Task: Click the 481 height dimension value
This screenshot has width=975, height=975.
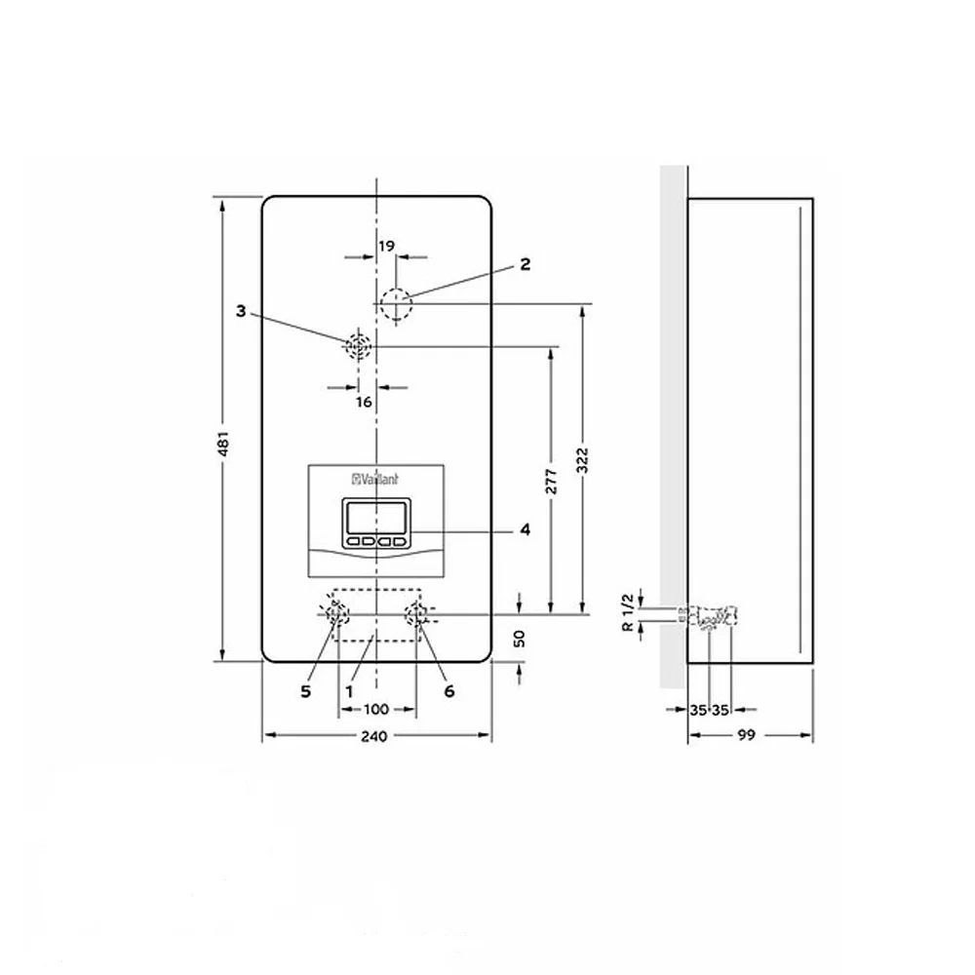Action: click(x=224, y=442)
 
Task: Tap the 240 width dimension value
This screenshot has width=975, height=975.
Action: click(x=373, y=737)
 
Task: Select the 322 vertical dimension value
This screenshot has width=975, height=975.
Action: click(x=583, y=461)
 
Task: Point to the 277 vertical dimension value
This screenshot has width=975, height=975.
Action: click(x=552, y=482)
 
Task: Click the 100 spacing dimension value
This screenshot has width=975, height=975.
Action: click(x=375, y=710)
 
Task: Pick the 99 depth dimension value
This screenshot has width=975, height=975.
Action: click(x=746, y=735)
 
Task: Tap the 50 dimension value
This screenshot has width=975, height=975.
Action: click(x=520, y=639)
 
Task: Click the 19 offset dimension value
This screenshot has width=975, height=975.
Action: click(x=386, y=247)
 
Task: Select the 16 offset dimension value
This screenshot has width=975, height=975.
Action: click(x=364, y=403)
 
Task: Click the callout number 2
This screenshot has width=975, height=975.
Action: click(x=526, y=264)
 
